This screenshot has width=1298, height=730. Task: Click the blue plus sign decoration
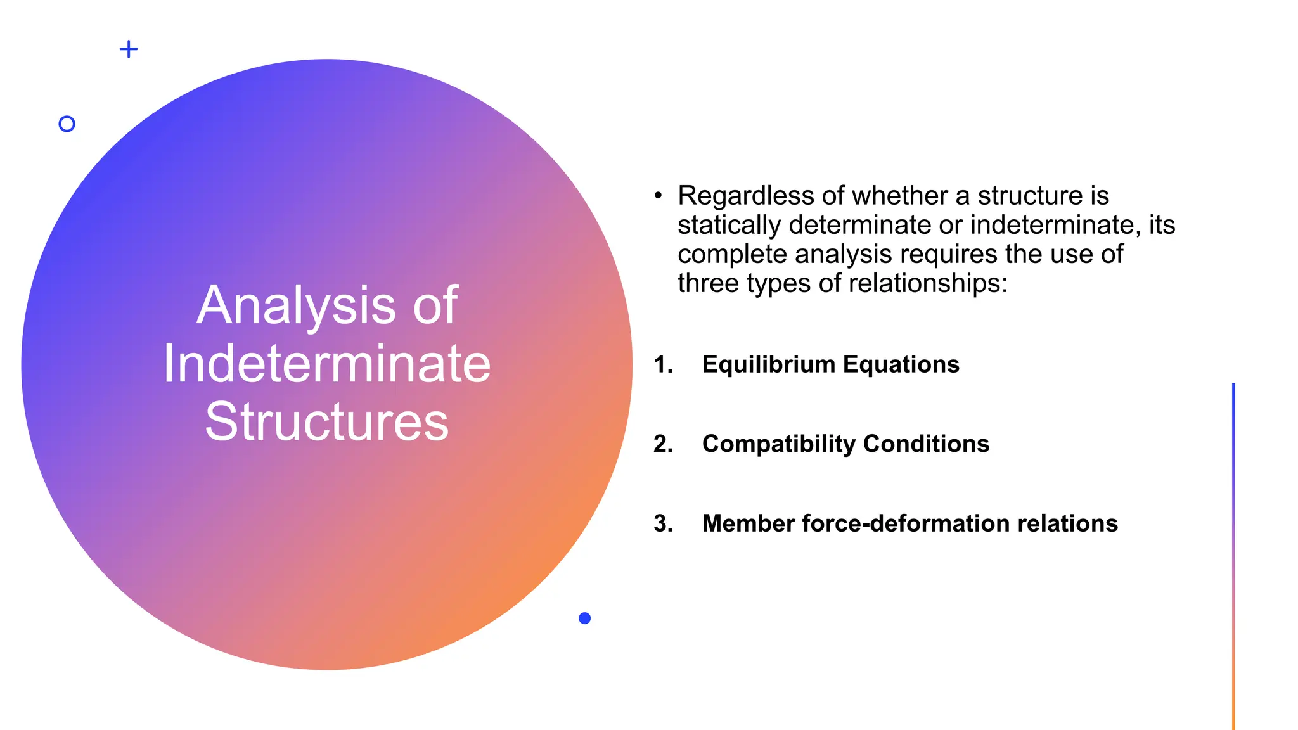129,49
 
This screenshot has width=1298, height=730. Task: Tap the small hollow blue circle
67,124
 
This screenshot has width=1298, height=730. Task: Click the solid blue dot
584,618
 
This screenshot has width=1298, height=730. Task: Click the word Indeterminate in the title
327,364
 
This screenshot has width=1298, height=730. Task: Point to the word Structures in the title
327,422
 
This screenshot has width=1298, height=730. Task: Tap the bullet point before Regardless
658,195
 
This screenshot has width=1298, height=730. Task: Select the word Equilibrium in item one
769,364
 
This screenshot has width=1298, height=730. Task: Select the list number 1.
663,364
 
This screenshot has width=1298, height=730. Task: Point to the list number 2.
663,444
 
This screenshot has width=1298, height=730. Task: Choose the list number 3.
663,523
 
